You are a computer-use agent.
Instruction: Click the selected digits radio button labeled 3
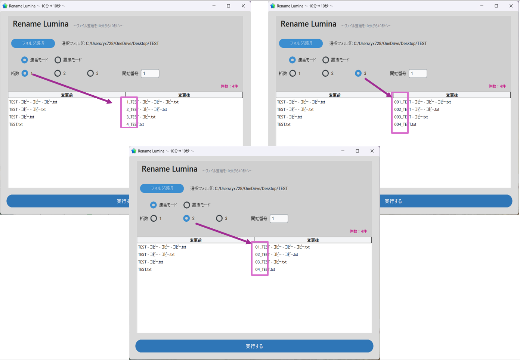click(358, 73)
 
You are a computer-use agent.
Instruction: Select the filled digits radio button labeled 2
click(186, 218)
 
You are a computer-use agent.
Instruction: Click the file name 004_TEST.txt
click(405, 124)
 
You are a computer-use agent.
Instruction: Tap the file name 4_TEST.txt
click(135, 124)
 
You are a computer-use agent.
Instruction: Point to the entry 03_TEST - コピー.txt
click(271, 262)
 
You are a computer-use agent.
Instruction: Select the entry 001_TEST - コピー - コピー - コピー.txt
click(422, 102)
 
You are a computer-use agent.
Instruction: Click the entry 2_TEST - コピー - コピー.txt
click(146, 110)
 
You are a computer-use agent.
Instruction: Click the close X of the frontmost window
click(372, 151)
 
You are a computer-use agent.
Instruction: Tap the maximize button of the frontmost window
click(357, 151)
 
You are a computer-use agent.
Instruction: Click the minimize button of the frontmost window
click(343, 151)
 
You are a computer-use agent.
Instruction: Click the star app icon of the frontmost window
click(134, 151)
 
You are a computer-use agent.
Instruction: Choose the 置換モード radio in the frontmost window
click(187, 205)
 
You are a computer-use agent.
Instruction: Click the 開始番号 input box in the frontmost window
click(279, 219)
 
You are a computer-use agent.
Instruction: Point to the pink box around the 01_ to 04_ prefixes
click(252, 258)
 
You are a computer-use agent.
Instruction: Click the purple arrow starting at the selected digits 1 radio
click(72, 88)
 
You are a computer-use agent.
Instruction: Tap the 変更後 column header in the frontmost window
click(313, 240)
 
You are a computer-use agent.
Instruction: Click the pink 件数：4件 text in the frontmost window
click(358, 231)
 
